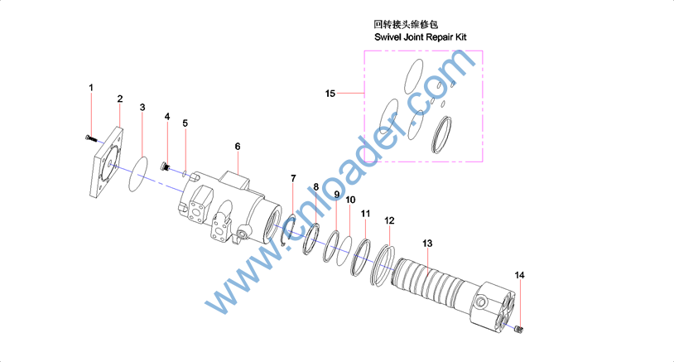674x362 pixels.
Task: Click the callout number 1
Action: (91, 88)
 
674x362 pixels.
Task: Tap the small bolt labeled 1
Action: (89, 138)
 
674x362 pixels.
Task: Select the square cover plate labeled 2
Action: (106, 162)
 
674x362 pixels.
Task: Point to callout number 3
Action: (142, 108)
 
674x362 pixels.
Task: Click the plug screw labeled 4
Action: (165, 166)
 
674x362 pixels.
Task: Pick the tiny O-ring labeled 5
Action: (184, 174)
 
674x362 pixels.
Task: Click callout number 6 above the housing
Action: (238, 147)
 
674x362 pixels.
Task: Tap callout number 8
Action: (316, 187)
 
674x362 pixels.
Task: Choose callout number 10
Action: (350, 200)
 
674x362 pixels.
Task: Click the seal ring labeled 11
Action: (361, 258)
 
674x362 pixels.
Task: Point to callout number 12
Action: (389, 220)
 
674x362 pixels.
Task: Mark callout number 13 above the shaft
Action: (426, 244)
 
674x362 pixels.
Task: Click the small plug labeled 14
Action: (519, 330)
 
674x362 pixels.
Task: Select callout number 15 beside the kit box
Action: (330, 94)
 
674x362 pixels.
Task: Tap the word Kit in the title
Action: (461, 37)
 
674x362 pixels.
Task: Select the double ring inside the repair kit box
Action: (441, 134)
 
